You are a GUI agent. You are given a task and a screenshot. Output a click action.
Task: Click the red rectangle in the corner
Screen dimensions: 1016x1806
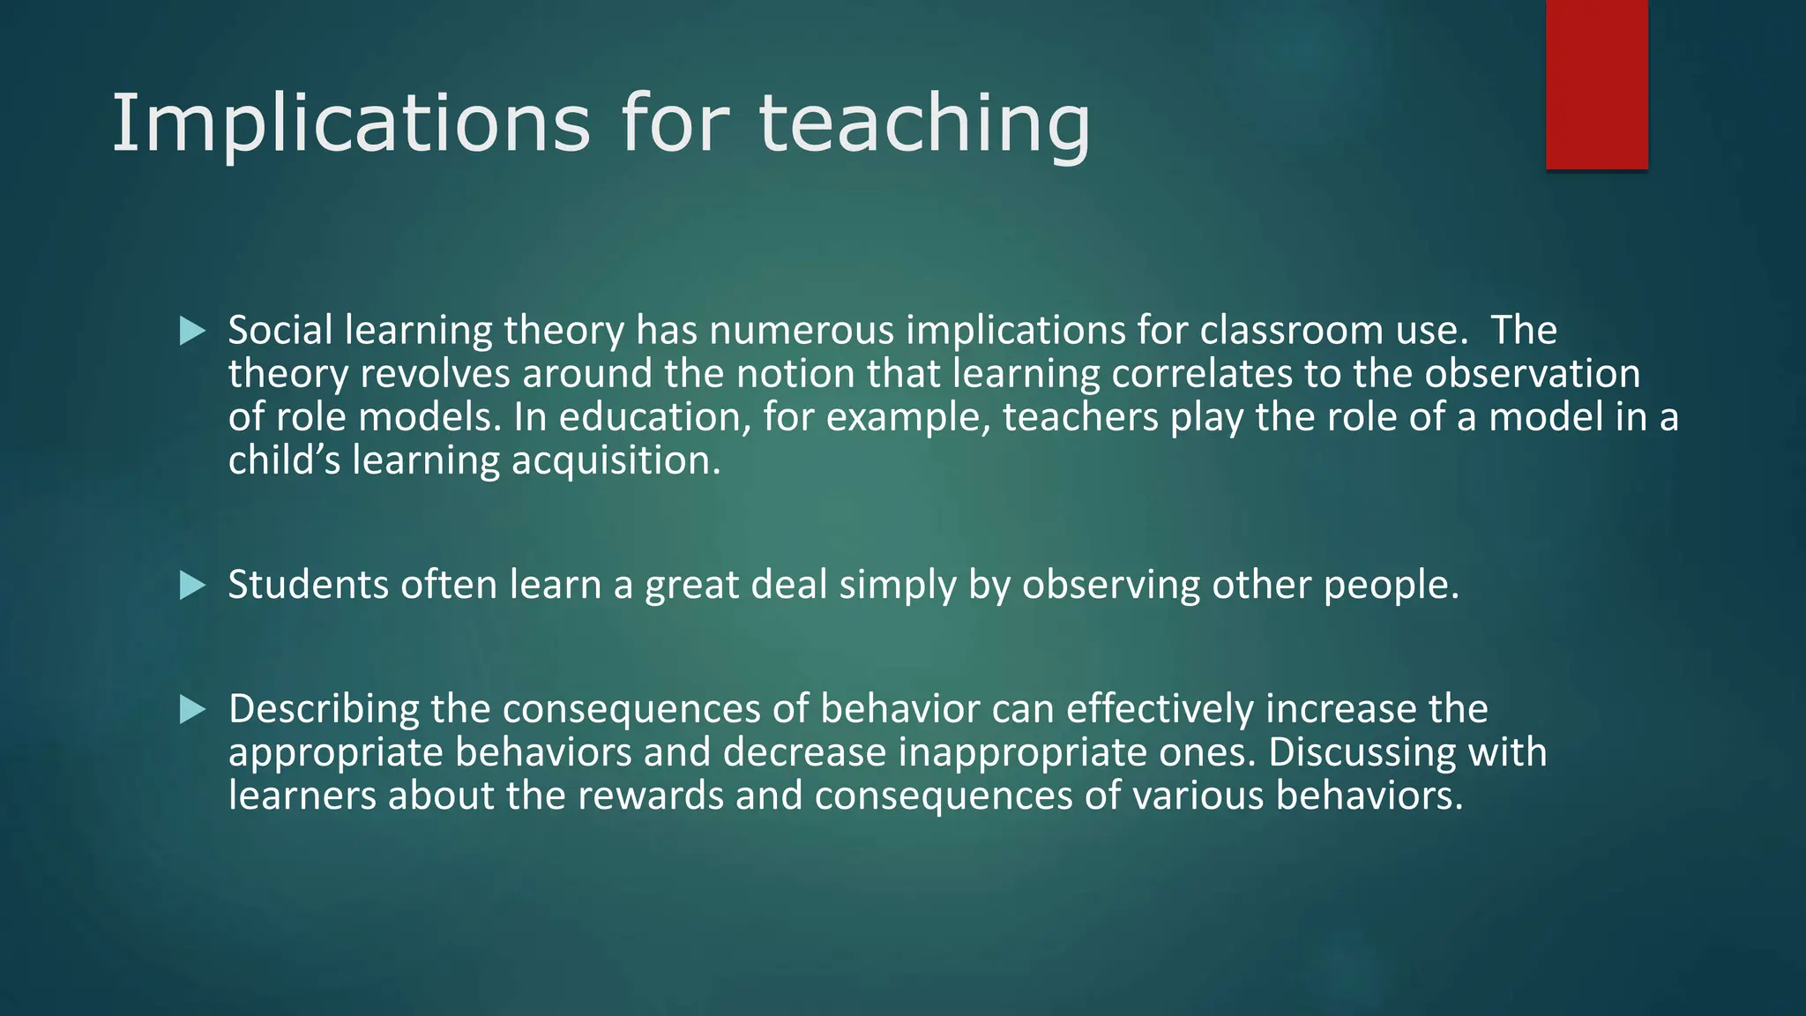tap(1596, 85)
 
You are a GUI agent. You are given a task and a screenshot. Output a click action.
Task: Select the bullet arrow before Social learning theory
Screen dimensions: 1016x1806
tap(192, 332)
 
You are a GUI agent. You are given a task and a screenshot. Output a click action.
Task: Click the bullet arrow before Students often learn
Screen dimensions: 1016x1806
tap(192, 586)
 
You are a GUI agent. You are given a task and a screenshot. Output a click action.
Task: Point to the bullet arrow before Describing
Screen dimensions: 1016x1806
tap(192, 709)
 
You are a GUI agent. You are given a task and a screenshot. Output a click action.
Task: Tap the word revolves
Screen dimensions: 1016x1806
tap(436, 374)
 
